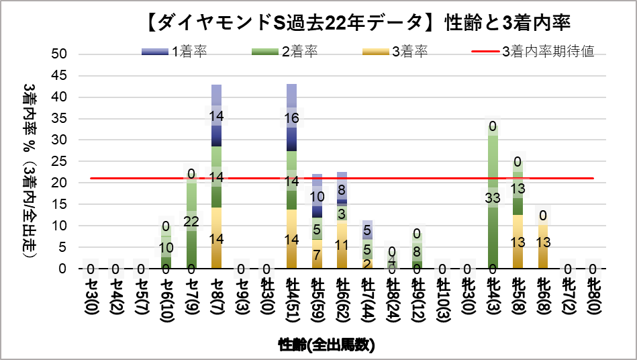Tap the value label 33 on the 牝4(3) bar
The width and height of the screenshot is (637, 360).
click(x=493, y=197)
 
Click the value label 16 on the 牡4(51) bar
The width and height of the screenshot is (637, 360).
click(x=292, y=118)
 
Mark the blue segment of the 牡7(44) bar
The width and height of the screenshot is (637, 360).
click(x=367, y=228)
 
